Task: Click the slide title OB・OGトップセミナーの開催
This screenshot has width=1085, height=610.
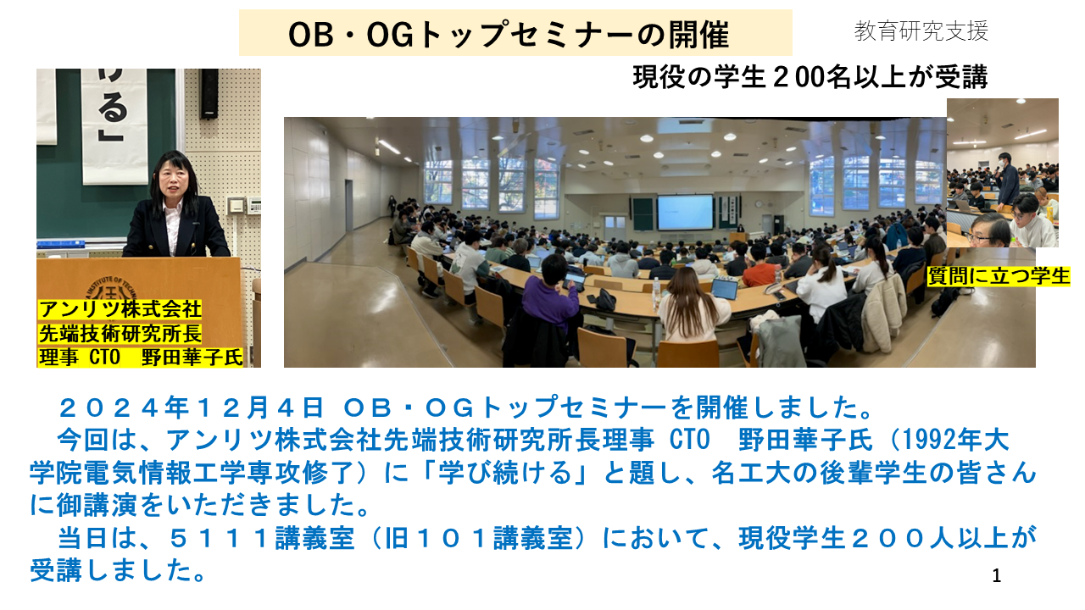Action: tap(509, 35)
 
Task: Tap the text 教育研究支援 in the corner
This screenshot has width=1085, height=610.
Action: tap(921, 31)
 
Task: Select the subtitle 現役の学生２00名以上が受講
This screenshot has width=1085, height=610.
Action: tap(810, 77)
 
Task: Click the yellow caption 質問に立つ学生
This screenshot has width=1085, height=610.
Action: tap(999, 276)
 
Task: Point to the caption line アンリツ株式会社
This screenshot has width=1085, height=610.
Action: tap(120, 309)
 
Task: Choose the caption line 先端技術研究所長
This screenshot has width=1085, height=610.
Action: tap(120, 334)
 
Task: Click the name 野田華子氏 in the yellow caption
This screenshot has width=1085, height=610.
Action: tap(192, 358)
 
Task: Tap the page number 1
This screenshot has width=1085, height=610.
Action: tap(996, 575)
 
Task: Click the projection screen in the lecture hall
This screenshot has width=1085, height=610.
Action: tap(685, 212)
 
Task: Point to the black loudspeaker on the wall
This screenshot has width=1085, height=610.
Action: tap(209, 93)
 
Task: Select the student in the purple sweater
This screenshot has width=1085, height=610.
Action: tap(551, 300)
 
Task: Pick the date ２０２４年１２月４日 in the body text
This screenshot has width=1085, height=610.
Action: tap(191, 408)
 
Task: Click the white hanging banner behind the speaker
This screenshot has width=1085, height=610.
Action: tap(114, 126)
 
